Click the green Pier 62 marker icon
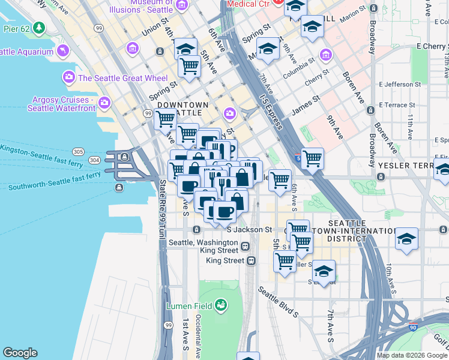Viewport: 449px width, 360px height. click(x=39, y=28)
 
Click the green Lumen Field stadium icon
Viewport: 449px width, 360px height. click(x=221, y=305)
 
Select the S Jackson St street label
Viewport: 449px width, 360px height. click(x=249, y=229)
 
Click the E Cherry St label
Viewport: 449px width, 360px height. click(x=424, y=46)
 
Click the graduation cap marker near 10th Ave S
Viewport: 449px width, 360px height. click(x=406, y=239)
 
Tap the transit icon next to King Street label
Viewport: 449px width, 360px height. click(x=251, y=260)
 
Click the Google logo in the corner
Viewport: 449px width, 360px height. click(x=20, y=353)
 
